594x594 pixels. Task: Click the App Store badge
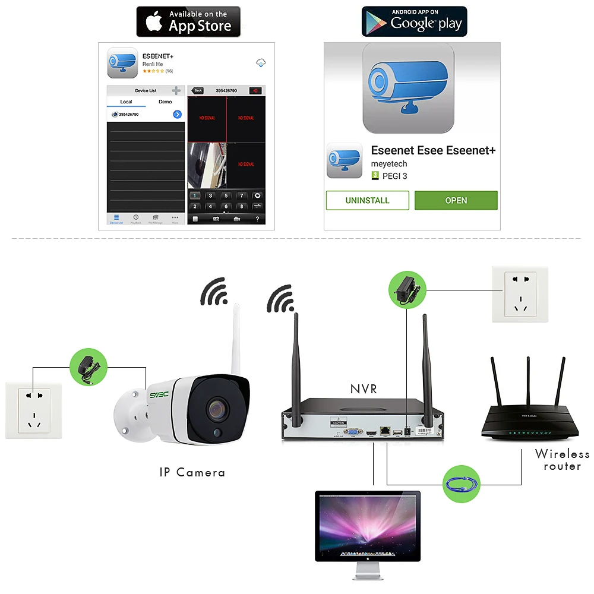tap(188, 22)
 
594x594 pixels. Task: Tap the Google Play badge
tap(415, 22)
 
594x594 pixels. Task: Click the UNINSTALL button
tap(367, 200)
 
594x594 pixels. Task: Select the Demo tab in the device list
tap(165, 102)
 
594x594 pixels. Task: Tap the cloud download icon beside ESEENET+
tap(260, 62)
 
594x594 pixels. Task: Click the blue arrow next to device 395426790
tap(177, 114)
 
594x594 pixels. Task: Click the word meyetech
tap(389, 164)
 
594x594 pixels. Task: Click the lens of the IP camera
tap(217, 410)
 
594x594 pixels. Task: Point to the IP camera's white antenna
tap(235, 339)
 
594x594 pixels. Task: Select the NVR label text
tap(364, 389)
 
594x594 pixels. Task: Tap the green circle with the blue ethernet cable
tap(462, 484)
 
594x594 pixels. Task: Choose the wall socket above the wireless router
tap(520, 294)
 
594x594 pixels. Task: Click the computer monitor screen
tap(368, 525)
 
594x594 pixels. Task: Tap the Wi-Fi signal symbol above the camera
tap(215, 291)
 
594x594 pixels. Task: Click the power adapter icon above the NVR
tap(407, 289)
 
